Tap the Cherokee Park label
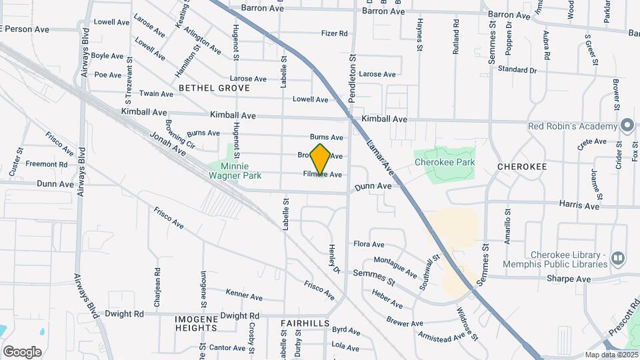point(444,162)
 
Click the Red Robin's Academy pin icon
point(627,126)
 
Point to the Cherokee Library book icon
point(618,257)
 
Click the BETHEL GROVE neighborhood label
point(214,88)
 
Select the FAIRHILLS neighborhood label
point(305,323)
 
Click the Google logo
point(22,351)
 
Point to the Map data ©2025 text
point(611,355)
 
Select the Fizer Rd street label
point(334,33)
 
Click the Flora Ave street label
point(369,245)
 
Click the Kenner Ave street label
point(244,295)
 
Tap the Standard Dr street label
point(517,69)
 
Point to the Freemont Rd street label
point(47,164)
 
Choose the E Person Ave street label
point(25,29)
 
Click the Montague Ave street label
point(395,267)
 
